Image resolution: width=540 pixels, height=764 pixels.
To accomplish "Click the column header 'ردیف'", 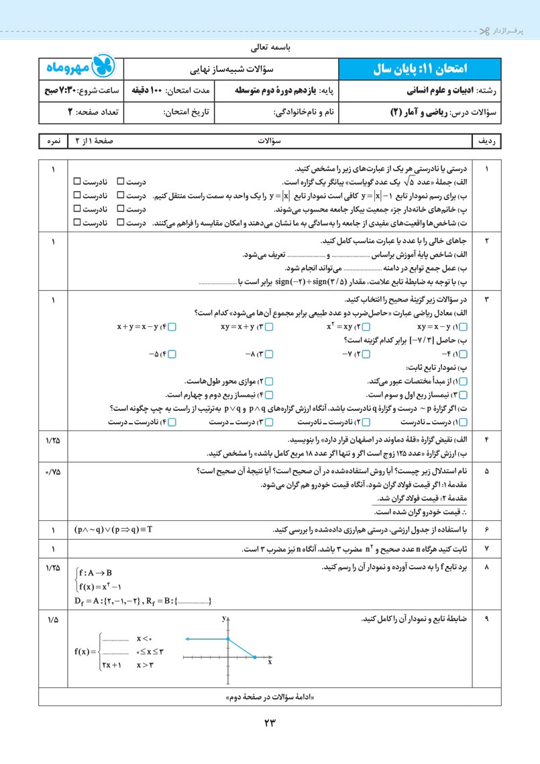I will click(x=488, y=142).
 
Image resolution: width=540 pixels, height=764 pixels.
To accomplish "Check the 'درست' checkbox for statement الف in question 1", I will click(x=121, y=182).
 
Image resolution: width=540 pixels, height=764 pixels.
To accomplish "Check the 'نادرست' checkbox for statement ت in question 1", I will click(x=77, y=222).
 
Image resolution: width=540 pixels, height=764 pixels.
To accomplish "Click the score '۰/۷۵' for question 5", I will click(x=53, y=471).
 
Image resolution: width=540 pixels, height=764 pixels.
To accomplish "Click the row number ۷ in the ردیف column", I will click(x=487, y=549).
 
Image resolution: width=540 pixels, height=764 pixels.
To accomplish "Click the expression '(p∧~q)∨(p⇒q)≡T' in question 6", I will click(x=114, y=530).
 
